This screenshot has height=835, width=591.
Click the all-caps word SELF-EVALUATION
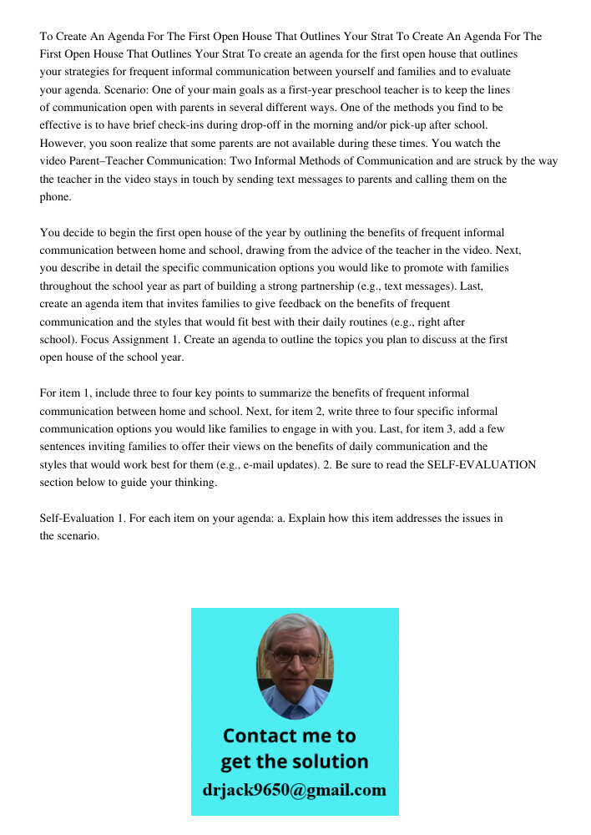pos(482,464)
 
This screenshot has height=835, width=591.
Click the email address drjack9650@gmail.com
pos(295,789)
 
